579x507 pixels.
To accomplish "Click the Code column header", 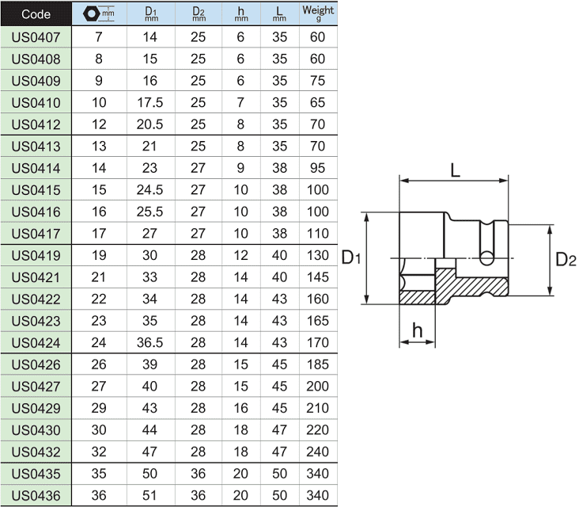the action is pyautogui.click(x=36, y=14).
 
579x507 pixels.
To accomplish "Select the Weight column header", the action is pyautogui.click(x=318, y=13).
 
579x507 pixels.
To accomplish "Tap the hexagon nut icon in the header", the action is pyautogui.click(x=90, y=13).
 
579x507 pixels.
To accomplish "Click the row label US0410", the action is pyautogui.click(x=36, y=102).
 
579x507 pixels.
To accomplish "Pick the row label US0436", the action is pyautogui.click(x=36, y=495).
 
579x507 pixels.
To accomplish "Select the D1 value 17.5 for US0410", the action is pyautogui.click(x=150, y=102).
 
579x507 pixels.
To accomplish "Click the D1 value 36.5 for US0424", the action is pyautogui.click(x=150, y=342).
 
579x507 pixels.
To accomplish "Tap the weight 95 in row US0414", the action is pyautogui.click(x=317, y=168).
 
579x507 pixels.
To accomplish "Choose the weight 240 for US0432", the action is pyautogui.click(x=317, y=452).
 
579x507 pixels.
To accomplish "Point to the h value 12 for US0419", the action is pyautogui.click(x=240, y=255).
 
